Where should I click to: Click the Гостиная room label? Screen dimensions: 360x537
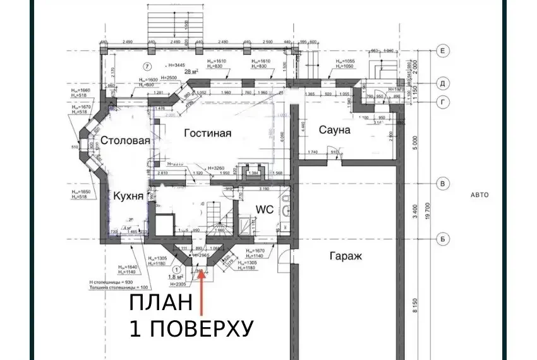click(x=208, y=133)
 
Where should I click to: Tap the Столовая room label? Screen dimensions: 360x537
click(x=124, y=140)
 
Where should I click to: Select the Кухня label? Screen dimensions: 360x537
click(x=131, y=197)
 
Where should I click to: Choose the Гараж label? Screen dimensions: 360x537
click(x=345, y=256)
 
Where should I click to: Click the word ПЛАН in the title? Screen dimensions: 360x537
click(x=160, y=303)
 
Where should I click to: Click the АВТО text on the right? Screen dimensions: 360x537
click(x=480, y=195)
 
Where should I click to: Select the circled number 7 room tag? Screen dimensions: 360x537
click(x=147, y=66)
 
